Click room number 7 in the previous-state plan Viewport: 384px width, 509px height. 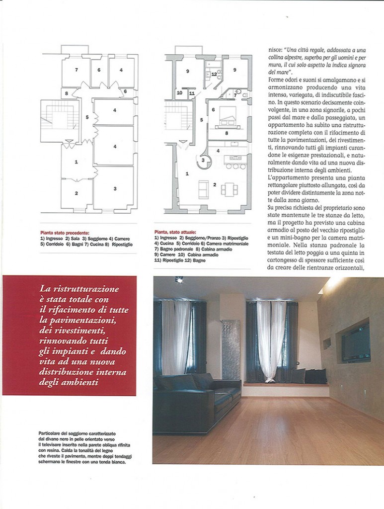click(76, 70)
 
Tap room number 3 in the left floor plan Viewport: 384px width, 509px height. click(115, 188)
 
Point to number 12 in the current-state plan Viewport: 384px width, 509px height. click(214, 74)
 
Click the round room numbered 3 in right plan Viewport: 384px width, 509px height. click(203, 160)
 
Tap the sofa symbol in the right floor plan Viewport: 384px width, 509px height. click(203, 189)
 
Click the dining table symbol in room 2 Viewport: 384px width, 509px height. click(229, 189)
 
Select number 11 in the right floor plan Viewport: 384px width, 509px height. click(191, 93)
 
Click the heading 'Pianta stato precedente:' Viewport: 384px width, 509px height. click(65, 232)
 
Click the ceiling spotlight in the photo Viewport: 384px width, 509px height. click(179, 280)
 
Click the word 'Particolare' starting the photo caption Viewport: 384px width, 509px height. click(50, 433)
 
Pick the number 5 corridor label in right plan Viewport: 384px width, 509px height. click(202, 120)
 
